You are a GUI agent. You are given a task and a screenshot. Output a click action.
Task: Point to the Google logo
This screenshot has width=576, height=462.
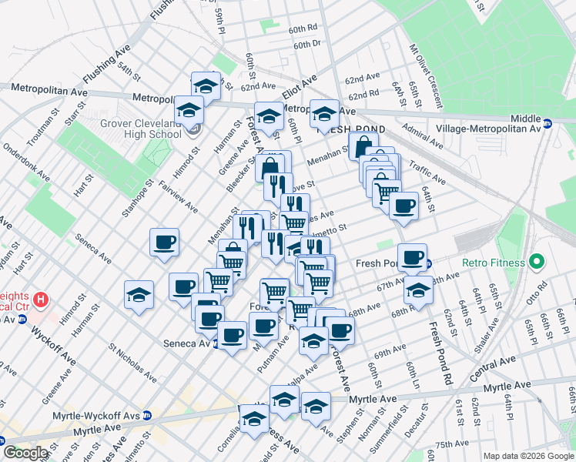click(x=25, y=453)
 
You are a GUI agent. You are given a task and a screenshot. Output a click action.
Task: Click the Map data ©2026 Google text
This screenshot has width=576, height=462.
click(x=528, y=456)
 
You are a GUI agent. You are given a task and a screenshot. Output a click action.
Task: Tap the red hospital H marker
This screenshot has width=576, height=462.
click(x=42, y=298)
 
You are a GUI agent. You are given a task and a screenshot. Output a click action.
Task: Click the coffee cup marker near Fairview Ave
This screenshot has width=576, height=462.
click(x=165, y=243)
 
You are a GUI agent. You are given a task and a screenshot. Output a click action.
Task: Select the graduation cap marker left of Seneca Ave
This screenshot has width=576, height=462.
click(x=139, y=295)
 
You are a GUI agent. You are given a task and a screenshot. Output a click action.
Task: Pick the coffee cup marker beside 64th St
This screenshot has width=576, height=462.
click(x=404, y=206)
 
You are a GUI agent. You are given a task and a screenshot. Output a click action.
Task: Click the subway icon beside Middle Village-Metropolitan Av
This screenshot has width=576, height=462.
click(x=548, y=123)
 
